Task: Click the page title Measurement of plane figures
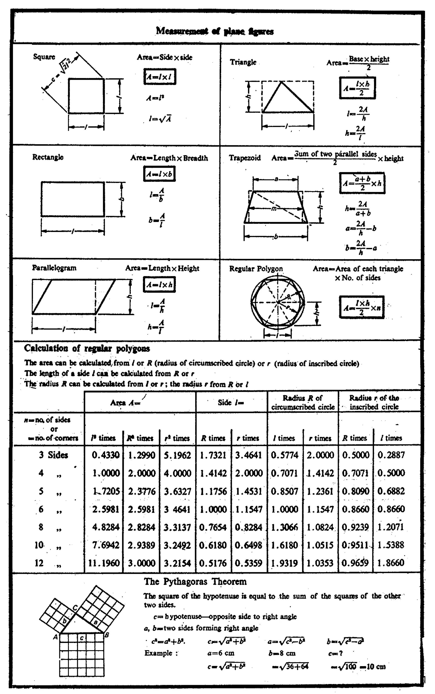[215, 31]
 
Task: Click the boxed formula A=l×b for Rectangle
[159, 174]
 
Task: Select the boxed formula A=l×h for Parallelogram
[159, 284]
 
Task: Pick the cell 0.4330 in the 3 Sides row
[105, 455]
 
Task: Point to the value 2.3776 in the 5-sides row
[141, 491]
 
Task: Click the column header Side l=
[231, 402]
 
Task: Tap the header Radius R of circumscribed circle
[303, 402]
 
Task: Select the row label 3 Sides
[54, 455]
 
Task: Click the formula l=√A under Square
[160, 119]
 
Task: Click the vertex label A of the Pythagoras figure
[55, 637]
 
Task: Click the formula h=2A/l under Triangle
[356, 132]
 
